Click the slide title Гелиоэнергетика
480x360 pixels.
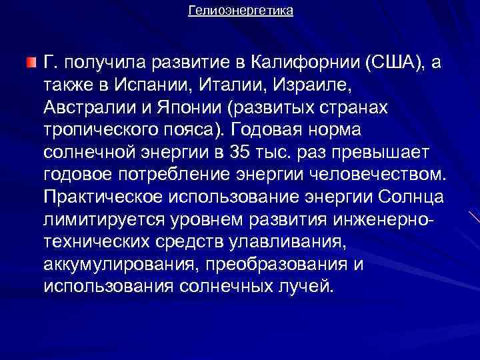tap(240, 11)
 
